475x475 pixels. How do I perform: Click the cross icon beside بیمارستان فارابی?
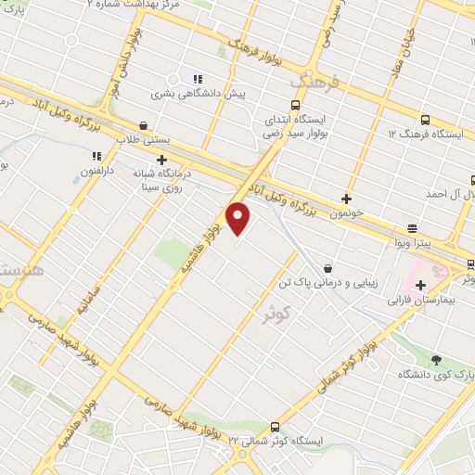pyautogui.click(x=421, y=284)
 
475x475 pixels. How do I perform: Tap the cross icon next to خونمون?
pyautogui.click(x=347, y=198)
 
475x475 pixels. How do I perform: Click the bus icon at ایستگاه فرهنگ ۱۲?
pyautogui.click(x=425, y=119)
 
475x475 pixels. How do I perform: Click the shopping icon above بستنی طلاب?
pyautogui.click(x=143, y=124)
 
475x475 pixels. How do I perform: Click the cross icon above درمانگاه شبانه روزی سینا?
pyautogui.click(x=161, y=160)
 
